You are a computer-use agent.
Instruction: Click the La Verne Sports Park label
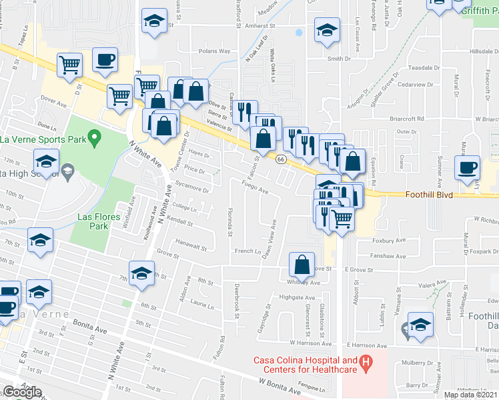click(41, 139)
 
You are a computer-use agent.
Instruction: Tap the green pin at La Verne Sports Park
click(94, 139)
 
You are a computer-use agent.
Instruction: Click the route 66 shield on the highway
click(281, 159)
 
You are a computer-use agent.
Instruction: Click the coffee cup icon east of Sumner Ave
click(466, 167)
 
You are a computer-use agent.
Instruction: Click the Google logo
click(21, 392)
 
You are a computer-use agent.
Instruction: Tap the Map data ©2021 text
click(471, 395)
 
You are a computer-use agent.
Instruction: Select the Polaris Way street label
click(215, 51)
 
